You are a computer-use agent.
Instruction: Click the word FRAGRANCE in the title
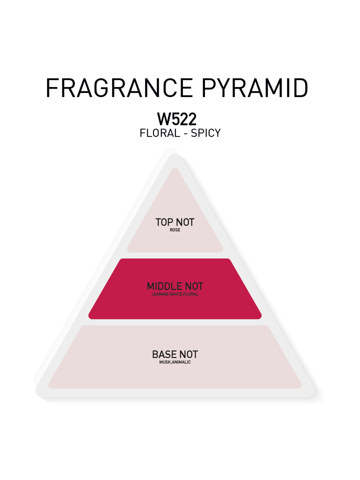(x=119, y=88)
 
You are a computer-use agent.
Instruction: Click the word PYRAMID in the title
(x=254, y=88)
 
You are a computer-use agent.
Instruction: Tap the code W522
(x=176, y=119)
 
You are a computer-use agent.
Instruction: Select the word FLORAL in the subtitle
(x=160, y=133)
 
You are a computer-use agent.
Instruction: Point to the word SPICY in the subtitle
(x=205, y=133)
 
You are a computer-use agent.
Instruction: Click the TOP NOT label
(x=175, y=222)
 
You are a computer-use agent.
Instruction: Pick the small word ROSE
(x=175, y=230)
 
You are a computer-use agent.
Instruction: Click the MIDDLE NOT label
(x=175, y=286)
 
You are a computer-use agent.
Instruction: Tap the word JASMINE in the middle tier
(x=160, y=294)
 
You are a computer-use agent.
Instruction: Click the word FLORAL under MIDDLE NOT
(x=190, y=294)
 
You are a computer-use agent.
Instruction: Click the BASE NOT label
(x=175, y=354)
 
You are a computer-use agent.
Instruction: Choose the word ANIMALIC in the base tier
(x=181, y=362)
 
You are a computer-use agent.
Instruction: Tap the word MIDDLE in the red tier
(x=164, y=286)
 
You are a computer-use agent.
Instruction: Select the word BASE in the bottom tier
(x=164, y=354)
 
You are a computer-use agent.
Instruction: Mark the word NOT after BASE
(x=188, y=354)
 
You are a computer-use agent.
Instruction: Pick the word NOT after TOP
(x=185, y=222)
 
